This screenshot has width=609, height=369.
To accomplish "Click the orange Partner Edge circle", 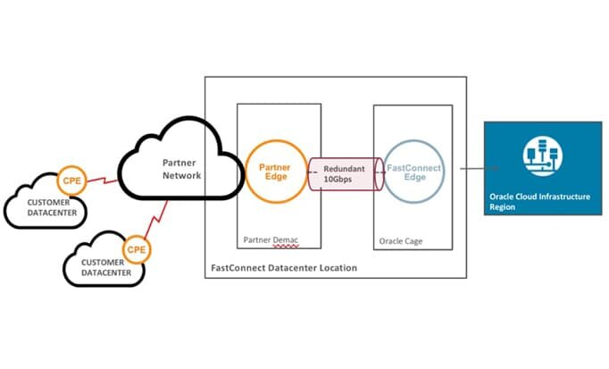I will [x=275, y=172].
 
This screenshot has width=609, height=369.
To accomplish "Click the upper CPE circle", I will [x=71, y=180].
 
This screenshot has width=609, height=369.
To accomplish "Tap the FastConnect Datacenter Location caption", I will [x=283, y=267].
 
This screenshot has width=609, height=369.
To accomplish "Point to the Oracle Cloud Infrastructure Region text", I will [x=539, y=201].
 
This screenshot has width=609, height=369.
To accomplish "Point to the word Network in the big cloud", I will [x=182, y=176].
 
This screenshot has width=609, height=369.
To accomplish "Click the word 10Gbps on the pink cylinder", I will [x=344, y=180].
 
